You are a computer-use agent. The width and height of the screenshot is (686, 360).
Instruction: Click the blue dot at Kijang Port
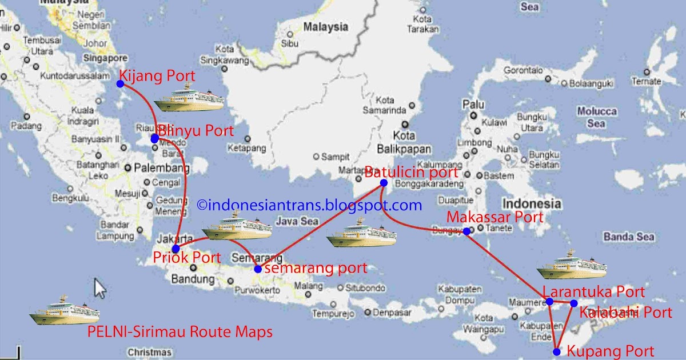pos(120,83)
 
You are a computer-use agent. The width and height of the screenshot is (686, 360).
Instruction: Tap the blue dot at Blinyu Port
pos(155,138)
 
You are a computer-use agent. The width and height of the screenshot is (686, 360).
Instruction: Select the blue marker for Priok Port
pos(176,249)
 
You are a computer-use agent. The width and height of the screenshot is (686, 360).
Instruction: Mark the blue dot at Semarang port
pos(258,269)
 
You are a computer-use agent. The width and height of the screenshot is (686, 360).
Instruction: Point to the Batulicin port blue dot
pos(384,183)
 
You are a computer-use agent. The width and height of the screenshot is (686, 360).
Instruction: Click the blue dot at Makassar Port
pos(466,231)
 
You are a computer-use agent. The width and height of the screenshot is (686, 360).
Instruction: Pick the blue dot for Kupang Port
pos(557,352)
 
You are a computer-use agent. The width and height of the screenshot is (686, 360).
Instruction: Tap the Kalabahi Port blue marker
pos(574,303)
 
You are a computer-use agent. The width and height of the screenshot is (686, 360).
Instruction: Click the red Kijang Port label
pos(157,76)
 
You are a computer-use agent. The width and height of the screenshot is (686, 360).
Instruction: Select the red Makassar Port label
pos(495,217)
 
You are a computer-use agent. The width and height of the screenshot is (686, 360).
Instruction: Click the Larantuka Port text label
pos(593,292)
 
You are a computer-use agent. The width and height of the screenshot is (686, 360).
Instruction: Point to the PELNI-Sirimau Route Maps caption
pos(180,331)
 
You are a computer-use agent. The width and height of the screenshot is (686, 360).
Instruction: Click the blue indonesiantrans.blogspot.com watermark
pos(309,205)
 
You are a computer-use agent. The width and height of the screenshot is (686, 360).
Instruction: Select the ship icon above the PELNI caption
pos(65,310)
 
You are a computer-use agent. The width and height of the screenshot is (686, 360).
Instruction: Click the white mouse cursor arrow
pos(101,288)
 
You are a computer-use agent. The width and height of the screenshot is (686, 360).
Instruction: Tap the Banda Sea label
pos(629,237)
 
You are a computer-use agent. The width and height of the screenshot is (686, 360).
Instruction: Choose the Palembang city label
pos(162,168)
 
